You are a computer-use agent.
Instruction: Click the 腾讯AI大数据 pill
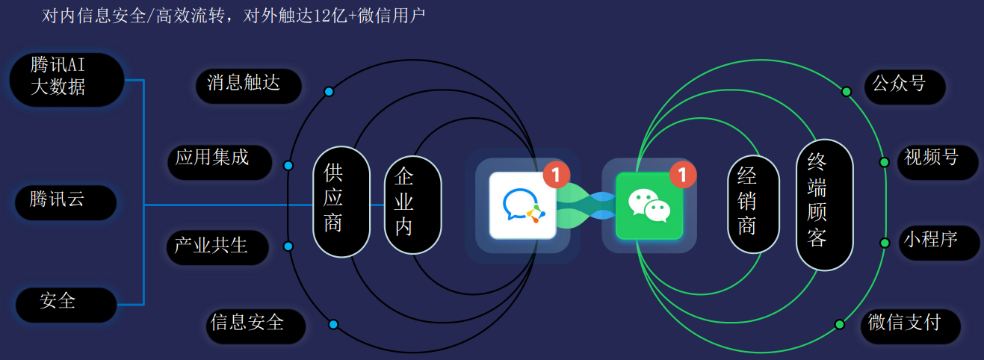click(x=66, y=79)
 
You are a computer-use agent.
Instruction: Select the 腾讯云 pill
click(x=66, y=202)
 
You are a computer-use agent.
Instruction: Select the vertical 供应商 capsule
click(x=341, y=202)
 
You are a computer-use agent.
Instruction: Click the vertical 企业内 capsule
click(x=413, y=205)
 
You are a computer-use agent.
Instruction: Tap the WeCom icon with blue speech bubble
click(x=523, y=205)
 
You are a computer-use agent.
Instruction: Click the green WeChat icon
click(x=649, y=205)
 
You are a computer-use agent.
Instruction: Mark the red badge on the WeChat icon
click(x=683, y=175)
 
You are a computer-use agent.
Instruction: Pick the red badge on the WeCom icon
click(x=556, y=175)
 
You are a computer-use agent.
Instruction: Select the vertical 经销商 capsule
click(x=753, y=204)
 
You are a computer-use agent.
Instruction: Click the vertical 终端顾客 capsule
click(x=825, y=205)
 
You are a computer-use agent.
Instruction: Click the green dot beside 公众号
click(x=847, y=92)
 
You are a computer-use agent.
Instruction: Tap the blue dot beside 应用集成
click(x=288, y=166)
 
